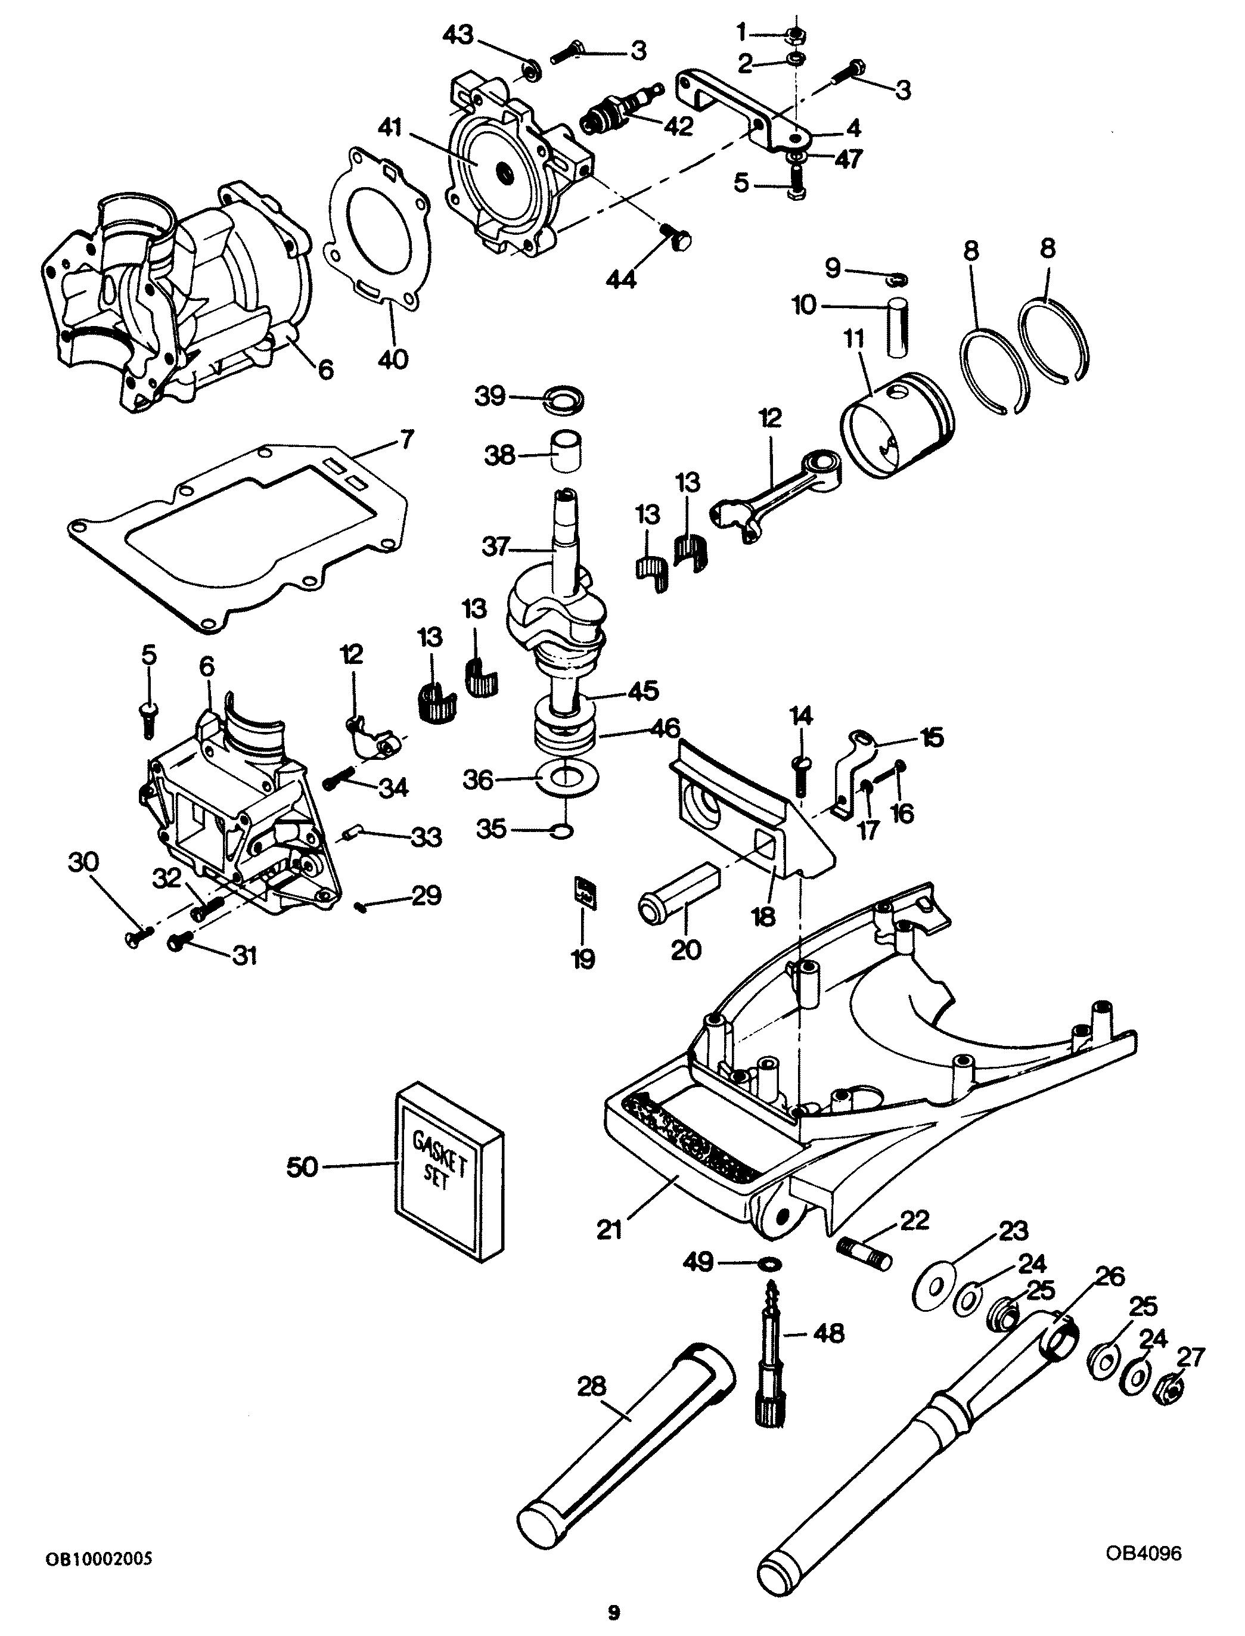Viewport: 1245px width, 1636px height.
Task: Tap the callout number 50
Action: (302, 1167)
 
